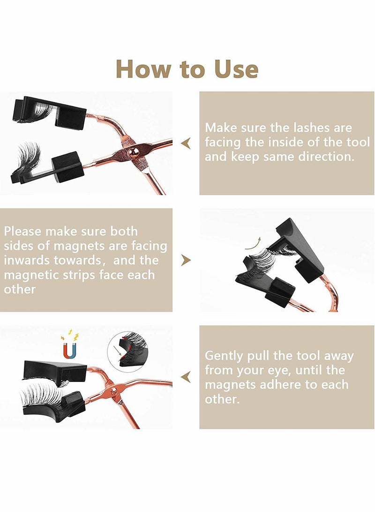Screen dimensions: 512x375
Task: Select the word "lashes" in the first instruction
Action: point(303,128)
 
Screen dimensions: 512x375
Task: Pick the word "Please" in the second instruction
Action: point(24,231)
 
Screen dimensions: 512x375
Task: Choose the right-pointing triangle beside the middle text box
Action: point(186,260)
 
